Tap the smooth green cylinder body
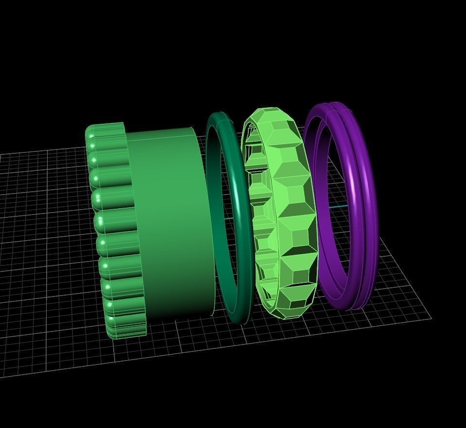pyautogui.click(x=170, y=223)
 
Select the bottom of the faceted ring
pyautogui.click(x=287, y=315)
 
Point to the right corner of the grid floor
pyautogui.click(x=431, y=318)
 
